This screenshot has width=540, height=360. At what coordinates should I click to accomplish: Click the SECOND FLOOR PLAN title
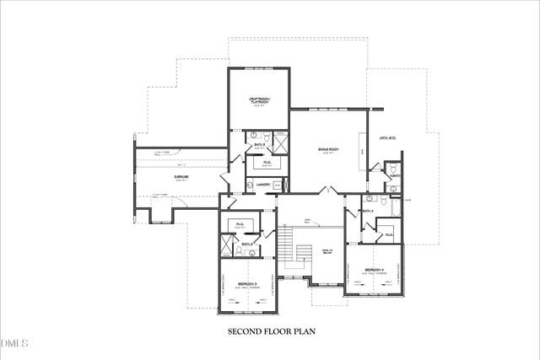click(x=270, y=331)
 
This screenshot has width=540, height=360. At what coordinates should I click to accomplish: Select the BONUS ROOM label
click(x=328, y=149)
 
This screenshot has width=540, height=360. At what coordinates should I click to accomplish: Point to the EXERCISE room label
click(x=181, y=176)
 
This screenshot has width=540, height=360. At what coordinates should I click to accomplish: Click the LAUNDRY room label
click(x=262, y=184)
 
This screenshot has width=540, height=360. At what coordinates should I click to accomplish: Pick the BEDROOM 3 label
click(x=248, y=283)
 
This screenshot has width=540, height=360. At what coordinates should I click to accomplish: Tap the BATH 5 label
click(x=260, y=144)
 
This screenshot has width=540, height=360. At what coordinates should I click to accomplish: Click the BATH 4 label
click(x=367, y=211)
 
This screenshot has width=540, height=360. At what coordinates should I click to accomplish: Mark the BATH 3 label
click(x=247, y=244)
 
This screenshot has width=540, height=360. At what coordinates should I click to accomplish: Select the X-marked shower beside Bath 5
click(x=282, y=142)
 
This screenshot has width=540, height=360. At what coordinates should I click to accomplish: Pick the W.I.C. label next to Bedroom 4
click(x=389, y=232)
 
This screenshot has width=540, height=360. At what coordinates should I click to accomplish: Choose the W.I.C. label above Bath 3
click(x=240, y=224)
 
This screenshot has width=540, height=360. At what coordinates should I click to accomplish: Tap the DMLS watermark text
click(x=14, y=343)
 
